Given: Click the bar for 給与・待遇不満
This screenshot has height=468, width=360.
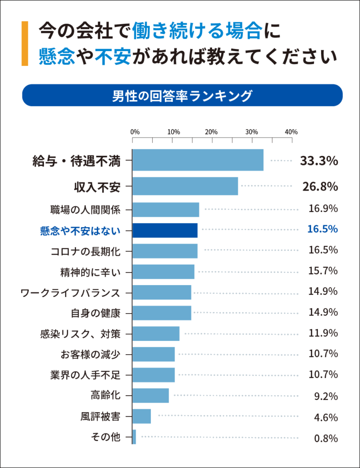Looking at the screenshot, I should coord(198,160).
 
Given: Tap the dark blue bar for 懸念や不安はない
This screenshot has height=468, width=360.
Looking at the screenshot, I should coord(165,230).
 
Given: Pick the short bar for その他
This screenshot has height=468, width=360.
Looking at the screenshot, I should coord(134,437).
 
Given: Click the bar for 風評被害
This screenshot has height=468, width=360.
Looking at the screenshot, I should coord(142,416).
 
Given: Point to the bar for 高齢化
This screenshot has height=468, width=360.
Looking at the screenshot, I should coord(151,395).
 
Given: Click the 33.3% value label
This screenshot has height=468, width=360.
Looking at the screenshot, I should coord(318,161).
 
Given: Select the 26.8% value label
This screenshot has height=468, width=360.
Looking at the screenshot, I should coord(320,186).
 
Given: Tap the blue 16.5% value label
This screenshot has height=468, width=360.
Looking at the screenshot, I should coord(323,229).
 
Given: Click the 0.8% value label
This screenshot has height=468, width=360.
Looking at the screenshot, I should coord(326,439).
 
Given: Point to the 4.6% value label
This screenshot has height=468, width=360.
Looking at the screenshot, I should coord(326,417).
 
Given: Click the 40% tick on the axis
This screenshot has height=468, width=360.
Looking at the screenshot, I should coord(291,132).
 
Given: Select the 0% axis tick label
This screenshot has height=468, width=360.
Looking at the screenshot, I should coord(135,132).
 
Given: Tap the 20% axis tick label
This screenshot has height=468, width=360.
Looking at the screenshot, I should coord(211,132).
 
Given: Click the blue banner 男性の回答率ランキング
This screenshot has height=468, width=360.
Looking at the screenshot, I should coord(182,96).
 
